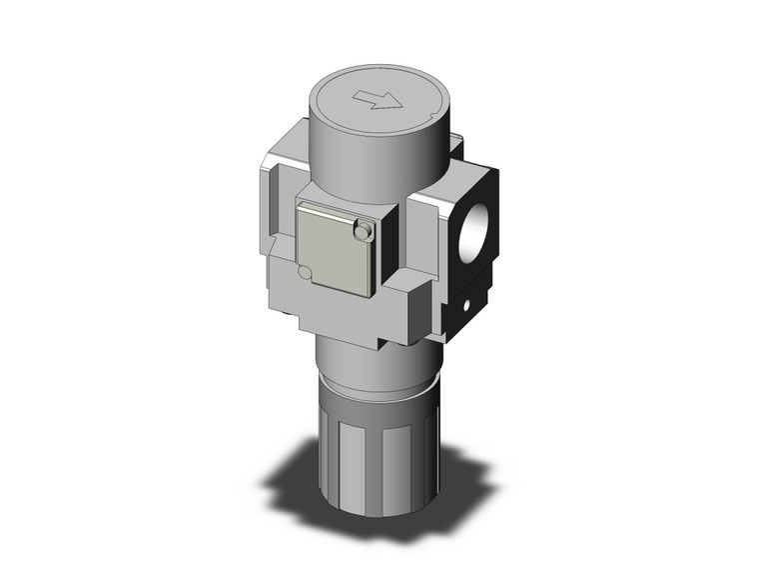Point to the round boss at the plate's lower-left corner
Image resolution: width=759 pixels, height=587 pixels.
304,271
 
